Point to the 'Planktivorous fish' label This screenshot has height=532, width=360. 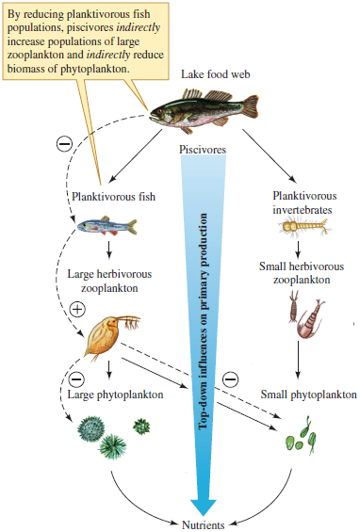[114, 198]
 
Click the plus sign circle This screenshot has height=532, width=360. [78, 310]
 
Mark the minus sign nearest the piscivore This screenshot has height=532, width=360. [64, 143]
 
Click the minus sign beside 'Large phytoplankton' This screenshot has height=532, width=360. [78, 379]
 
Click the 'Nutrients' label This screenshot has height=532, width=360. [205, 522]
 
